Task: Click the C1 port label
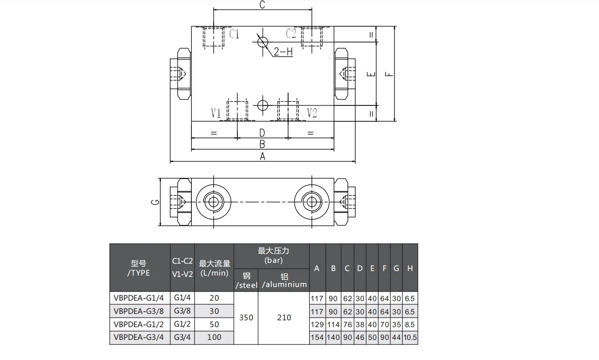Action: [234, 34]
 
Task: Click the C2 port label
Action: [291, 33]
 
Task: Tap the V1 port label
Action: [216, 113]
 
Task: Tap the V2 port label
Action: [312, 113]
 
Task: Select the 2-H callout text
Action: [283, 52]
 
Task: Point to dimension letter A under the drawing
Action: [263, 157]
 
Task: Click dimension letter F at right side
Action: [389, 74]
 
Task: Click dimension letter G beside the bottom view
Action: [155, 201]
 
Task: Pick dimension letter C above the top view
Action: [263, 5]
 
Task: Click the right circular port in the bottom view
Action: [312, 201]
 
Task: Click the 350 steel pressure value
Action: [246, 318]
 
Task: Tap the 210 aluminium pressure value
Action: [284, 318]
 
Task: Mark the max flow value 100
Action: [214, 338]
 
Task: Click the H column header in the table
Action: [410, 268]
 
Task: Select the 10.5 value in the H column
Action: [410, 338]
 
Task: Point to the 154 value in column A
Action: [317, 338]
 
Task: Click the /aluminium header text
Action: [284, 285]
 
